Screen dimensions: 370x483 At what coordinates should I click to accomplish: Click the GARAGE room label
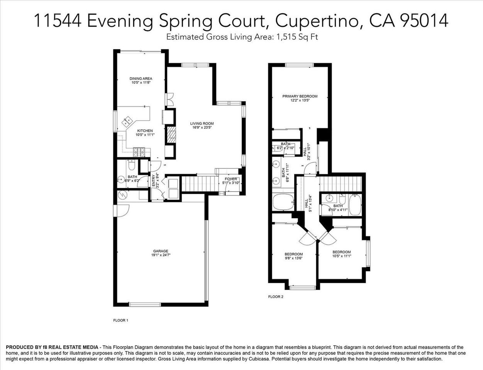point(160,251)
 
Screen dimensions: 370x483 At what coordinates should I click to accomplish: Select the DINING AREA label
point(141,79)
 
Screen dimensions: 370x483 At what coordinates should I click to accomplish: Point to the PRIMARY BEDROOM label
point(300,96)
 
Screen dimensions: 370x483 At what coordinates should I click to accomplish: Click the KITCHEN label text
point(145,131)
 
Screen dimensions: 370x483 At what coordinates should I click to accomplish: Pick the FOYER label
point(230,179)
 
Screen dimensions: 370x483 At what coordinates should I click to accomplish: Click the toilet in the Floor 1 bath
point(131,166)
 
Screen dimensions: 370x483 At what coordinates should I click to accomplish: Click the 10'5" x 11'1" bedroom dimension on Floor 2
point(342,256)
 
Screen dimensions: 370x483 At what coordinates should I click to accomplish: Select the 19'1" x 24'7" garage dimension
point(160,255)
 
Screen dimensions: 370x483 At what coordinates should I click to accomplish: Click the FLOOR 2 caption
point(276,297)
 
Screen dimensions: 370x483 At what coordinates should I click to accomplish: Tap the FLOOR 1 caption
point(120,320)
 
